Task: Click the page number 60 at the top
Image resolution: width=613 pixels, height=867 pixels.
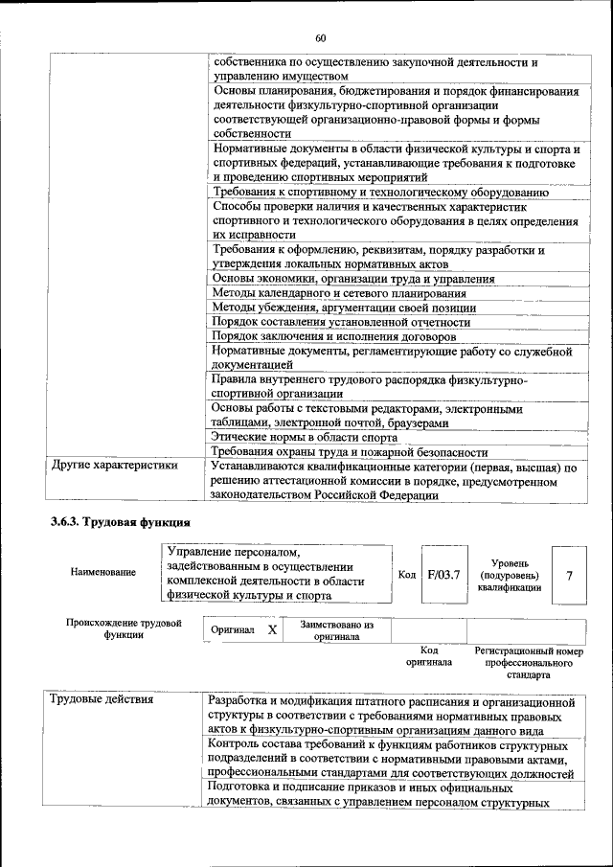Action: click(x=320, y=38)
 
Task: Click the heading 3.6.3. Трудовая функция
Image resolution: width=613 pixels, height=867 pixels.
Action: click(x=121, y=522)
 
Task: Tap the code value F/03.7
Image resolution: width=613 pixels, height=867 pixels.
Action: click(x=443, y=575)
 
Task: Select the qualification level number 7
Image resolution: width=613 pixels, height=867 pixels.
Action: click(x=570, y=575)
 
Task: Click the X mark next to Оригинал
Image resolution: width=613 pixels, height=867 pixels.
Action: click(x=272, y=630)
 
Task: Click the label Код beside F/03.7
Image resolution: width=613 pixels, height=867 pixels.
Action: click(x=407, y=575)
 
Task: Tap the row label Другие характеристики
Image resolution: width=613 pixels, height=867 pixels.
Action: click(x=114, y=467)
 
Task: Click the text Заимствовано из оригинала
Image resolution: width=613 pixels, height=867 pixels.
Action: click(x=336, y=630)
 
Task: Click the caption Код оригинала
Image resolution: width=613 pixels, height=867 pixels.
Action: click(x=428, y=656)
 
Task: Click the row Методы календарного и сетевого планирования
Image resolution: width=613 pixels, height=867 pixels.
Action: click(x=339, y=293)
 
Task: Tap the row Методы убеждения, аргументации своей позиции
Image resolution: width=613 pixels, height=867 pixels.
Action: click(x=344, y=308)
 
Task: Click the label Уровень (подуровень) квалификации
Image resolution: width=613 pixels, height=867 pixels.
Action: click(x=515, y=575)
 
